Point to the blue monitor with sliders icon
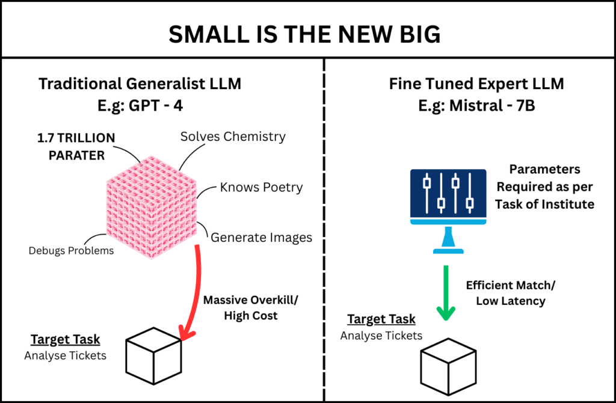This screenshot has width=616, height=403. (448, 198)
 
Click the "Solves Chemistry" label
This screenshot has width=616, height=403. (233, 136)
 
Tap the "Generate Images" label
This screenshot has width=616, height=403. (261, 237)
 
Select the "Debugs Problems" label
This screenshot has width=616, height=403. (71, 250)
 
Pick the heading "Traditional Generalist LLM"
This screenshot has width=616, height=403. (140, 84)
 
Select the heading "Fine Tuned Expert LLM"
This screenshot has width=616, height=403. (476, 84)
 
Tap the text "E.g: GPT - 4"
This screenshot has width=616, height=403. (140, 105)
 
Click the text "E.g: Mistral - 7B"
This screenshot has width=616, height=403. (476, 105)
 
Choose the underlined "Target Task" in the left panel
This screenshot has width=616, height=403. (66, 339)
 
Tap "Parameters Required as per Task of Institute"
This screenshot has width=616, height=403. (544, 186)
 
